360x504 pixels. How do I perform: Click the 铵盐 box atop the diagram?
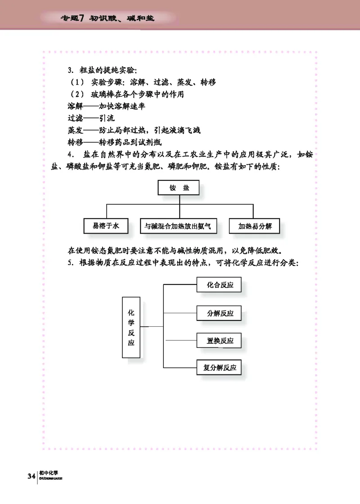(179, 188)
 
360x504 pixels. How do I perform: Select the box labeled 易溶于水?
(106, 226)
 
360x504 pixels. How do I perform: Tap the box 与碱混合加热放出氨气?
(178, 226)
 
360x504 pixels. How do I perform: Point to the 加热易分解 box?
(255, 226)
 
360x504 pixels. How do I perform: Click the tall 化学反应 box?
(131, 327)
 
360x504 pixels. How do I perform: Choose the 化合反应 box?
(220, 284)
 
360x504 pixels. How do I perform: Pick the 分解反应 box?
(220, 313)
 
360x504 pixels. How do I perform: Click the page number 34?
(31, 476)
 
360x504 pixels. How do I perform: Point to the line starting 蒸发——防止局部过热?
(134, 131)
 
